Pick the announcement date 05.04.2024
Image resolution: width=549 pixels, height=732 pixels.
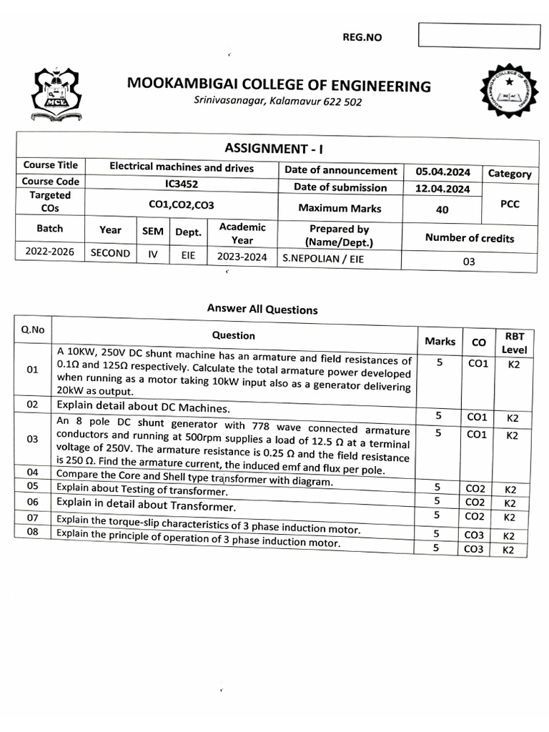(442, 172)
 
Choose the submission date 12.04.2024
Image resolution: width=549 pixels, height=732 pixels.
(442, 189)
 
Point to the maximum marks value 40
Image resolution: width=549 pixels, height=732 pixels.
(442, 210)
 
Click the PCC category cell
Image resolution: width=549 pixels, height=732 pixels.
(510, 204)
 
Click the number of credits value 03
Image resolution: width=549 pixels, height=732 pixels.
(469, 262)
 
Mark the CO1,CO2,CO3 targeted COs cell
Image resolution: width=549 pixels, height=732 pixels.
(182, 204)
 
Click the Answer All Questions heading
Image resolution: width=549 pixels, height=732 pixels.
(262, 310)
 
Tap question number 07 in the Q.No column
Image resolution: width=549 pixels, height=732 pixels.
(32, 517)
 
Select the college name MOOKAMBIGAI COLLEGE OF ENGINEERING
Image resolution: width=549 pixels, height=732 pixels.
(279, 86)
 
